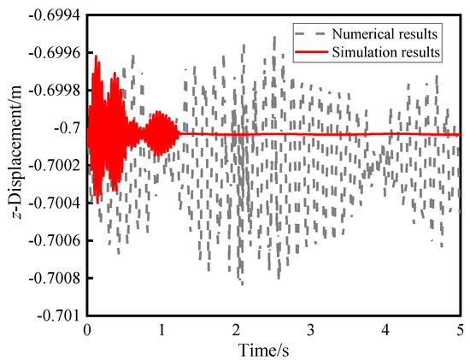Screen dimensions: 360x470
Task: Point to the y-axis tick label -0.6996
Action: tap(54, 53)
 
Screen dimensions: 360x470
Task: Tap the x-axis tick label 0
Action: tap(87, 330)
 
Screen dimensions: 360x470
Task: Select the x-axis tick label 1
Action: tap(162, 330)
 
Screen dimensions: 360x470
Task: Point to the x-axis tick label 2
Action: tap(237, 330)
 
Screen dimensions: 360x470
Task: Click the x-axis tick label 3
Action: tap(311, 330)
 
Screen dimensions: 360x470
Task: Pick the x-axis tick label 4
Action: tap(385, 330)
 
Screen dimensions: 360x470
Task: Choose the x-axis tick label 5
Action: tap(460, 330)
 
